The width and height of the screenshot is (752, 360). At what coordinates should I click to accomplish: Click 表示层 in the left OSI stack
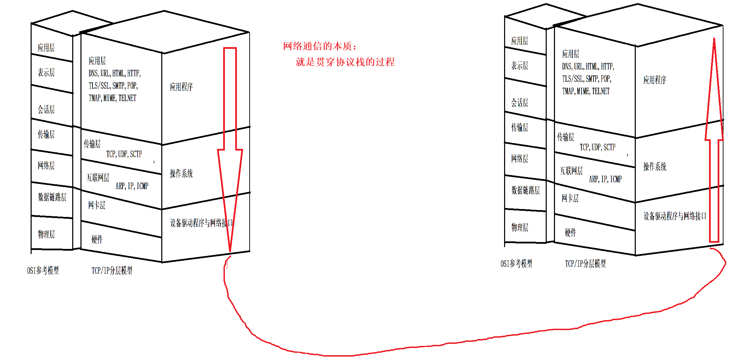point(46,73)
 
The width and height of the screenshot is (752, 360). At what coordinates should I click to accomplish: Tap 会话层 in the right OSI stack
point(519,102)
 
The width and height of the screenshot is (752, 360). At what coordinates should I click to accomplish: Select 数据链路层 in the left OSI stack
point(52,197)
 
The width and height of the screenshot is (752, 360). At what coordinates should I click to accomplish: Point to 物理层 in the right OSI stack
point(520,227)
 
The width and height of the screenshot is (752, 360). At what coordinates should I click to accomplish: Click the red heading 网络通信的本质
point(320,46)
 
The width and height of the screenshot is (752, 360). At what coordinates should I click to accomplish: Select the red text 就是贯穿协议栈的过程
point(345,62)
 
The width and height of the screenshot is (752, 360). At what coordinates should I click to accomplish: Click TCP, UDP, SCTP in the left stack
point(124,154)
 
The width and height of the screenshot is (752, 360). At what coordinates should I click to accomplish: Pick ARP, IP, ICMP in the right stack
point(605,179)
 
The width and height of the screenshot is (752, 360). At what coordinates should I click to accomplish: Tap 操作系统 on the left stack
point(181,173)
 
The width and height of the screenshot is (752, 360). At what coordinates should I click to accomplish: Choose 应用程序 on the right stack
point(655,80)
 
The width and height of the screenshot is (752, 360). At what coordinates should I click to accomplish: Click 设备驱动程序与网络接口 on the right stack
point(675,216)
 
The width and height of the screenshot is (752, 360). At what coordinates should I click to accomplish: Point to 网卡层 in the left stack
point(97,205)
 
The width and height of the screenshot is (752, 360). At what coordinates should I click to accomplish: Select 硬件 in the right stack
point(570,233)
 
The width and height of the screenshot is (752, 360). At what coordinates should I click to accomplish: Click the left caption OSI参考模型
point(43,271)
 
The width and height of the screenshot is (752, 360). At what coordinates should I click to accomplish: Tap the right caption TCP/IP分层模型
point(585,264)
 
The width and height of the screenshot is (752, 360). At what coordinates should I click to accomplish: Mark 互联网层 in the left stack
point(98,178)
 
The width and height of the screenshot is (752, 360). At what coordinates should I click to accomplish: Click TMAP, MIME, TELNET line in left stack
point(112,98)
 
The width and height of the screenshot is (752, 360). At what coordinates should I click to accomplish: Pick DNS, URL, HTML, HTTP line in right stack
point(588,66)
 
